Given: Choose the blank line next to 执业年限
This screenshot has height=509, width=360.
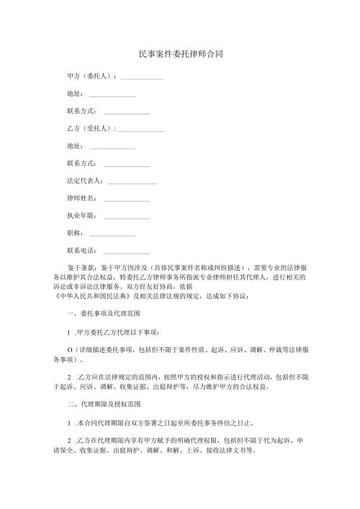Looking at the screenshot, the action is (x=127, y=216).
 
